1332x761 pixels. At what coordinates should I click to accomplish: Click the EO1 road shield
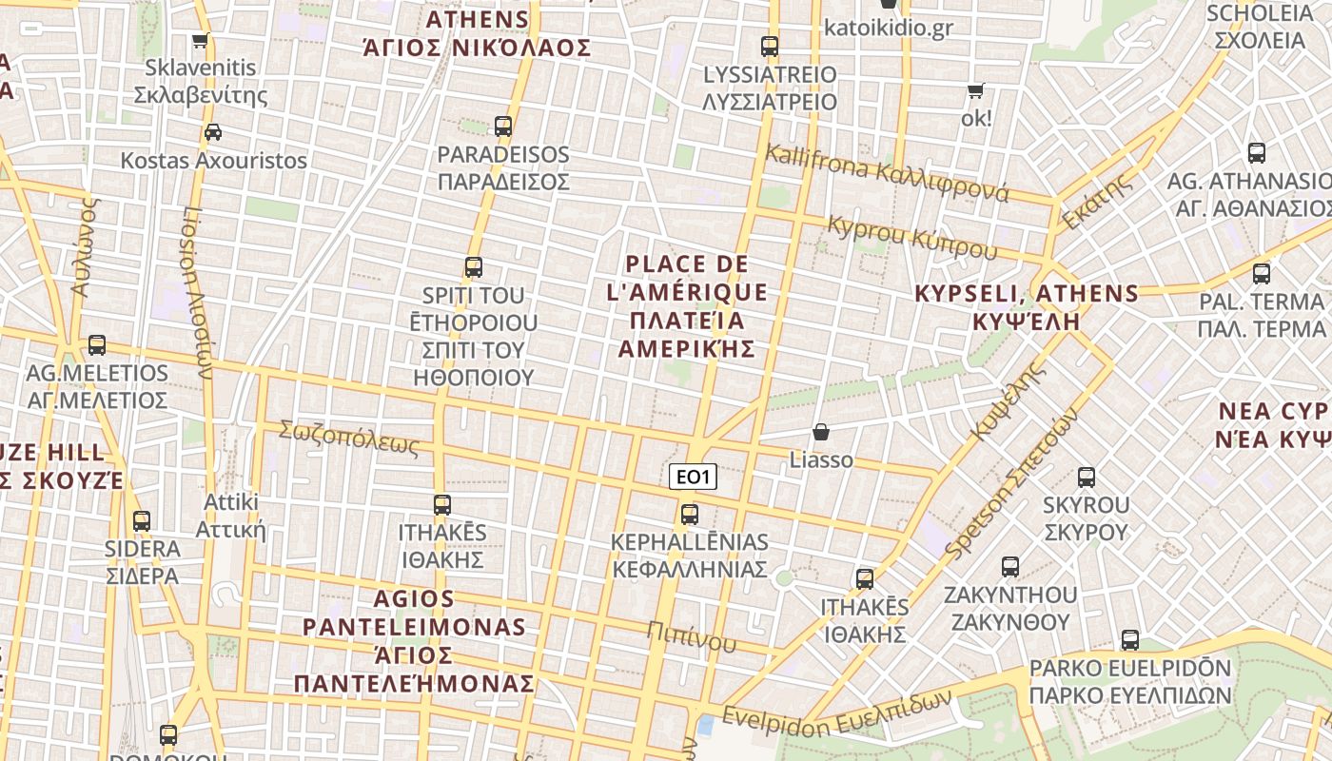[x=693, y=478]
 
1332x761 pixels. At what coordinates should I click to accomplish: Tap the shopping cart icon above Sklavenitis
[x=200, y=41]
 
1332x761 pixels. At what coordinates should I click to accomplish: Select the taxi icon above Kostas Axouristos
[x=213, y=132]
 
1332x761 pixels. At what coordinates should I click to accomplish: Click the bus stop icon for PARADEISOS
[x=503, y=126]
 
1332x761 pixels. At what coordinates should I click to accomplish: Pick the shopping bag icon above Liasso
[x=821, y=432]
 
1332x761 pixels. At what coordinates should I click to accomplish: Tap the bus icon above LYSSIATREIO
[x=770, y=46]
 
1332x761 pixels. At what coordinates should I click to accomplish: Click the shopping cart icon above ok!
[x=975, y=91]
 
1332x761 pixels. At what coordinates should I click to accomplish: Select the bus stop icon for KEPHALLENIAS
[x=690, y=515]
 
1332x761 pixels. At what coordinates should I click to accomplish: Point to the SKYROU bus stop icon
[x=1086, y=477]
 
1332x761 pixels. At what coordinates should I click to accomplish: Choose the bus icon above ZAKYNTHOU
[x=1010, y=567]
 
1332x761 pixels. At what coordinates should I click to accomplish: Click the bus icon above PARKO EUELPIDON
[x=1130, y=640]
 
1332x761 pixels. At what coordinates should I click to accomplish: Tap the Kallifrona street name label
[x=887, y=173]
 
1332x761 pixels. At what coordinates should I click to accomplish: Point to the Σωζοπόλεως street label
[x=348, y=438]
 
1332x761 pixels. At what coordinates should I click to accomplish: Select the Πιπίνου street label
[x=692, y=635]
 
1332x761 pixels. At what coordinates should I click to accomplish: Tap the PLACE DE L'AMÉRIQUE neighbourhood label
[x=687, y=306]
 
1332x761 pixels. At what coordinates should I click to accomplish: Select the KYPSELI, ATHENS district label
[x=1027, y=306]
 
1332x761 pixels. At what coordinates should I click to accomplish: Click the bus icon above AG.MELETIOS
[x=97, y=345]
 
